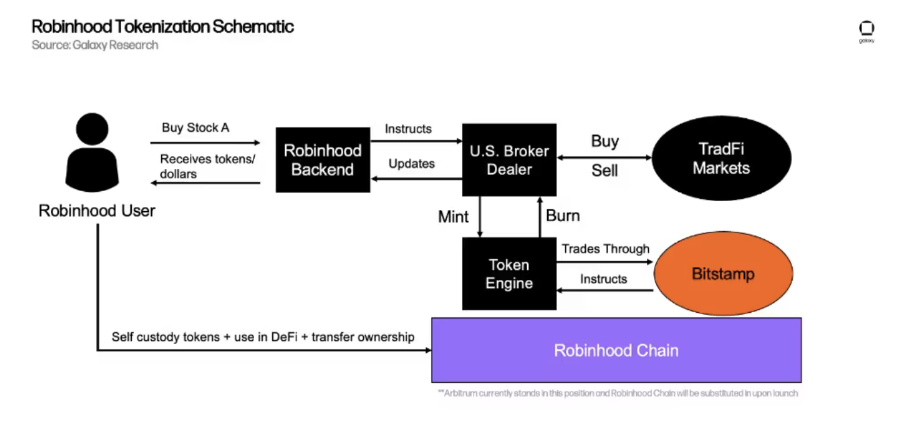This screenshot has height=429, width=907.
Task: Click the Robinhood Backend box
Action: coord(322,160)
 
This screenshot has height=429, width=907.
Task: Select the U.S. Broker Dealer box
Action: coord(509,160)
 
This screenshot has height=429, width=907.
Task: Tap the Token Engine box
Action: coord(509,274)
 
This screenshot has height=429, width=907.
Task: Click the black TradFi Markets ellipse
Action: coord(721,159)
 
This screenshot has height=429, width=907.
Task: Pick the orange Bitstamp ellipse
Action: coord(722,274)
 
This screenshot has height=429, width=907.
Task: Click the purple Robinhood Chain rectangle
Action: coord(616,350)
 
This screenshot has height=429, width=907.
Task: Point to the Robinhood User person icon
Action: coord(92,152)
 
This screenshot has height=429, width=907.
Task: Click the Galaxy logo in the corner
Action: coord(866,30)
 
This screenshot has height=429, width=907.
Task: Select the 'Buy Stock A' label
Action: coord(195,128)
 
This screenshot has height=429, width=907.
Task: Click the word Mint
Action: coord(453,217)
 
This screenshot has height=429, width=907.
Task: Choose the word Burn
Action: coord(563,216)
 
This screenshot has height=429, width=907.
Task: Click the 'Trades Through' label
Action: coord(605,249)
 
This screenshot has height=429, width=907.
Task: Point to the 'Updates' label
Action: coord(411,164)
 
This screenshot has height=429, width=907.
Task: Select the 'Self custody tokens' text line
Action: coord(263,337)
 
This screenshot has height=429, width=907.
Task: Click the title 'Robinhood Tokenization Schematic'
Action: coord(163,27)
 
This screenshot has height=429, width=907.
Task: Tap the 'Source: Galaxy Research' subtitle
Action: coord(95,45)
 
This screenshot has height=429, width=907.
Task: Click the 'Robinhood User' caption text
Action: coord(97,211)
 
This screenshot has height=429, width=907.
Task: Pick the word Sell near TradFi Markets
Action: coord(605,171)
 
